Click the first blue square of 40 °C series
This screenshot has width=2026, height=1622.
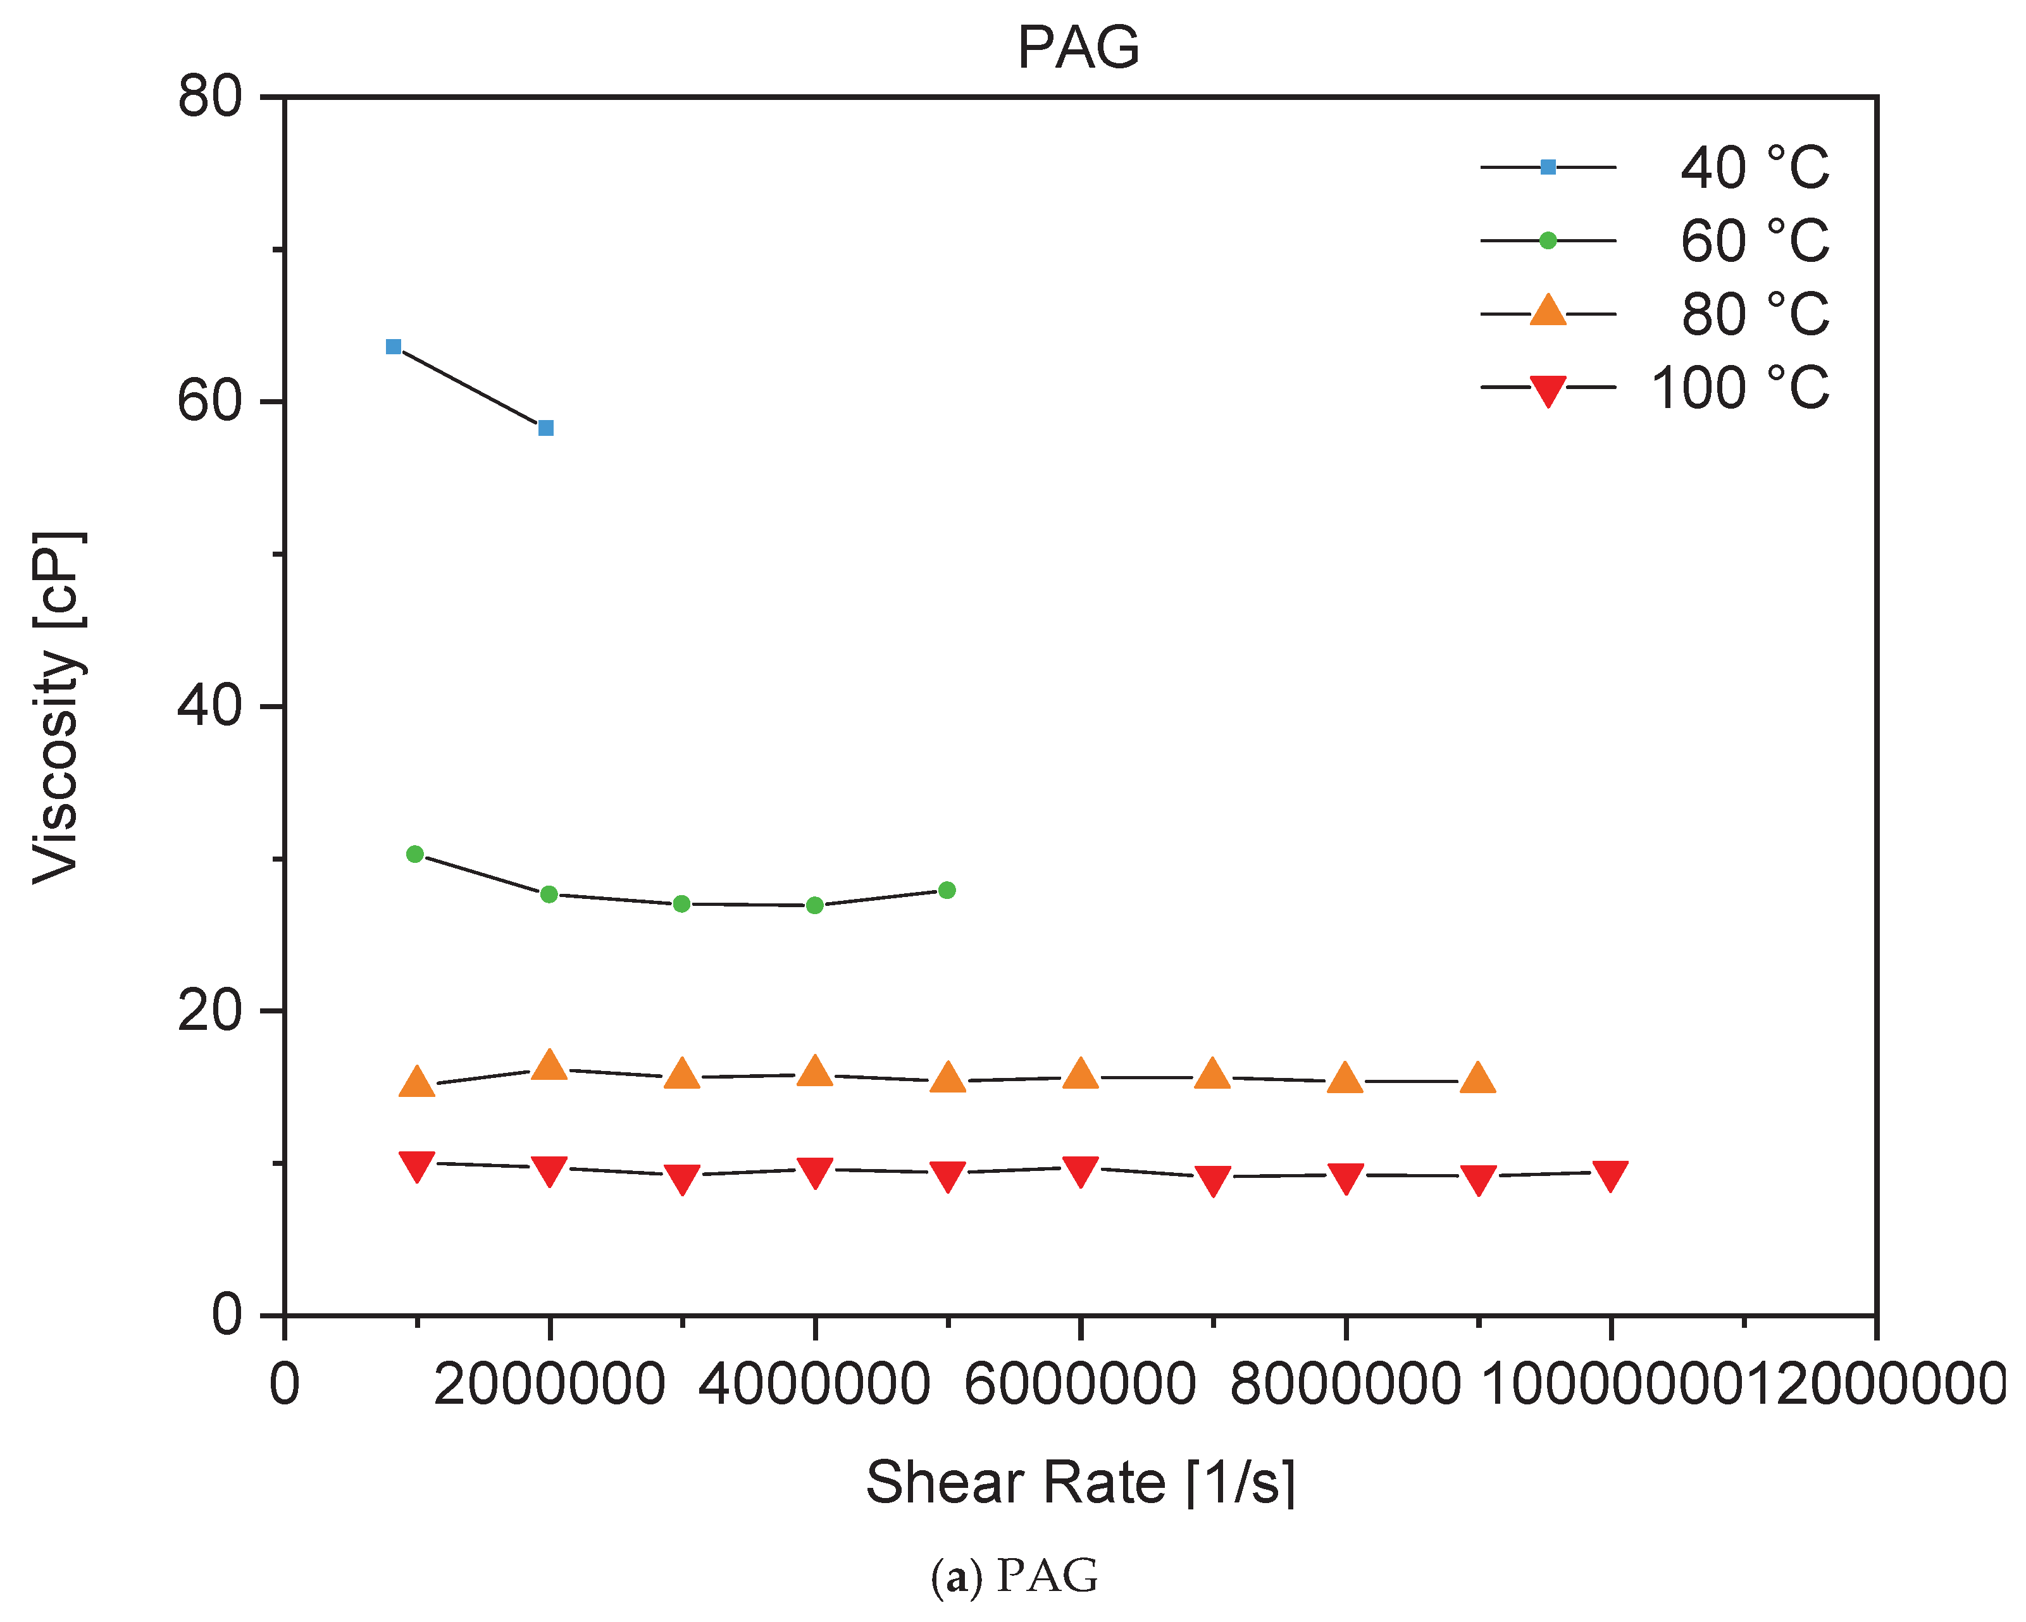394,347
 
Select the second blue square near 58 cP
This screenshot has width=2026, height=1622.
546,428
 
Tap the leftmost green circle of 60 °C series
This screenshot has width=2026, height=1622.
415,854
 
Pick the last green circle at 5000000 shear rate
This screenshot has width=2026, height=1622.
947,890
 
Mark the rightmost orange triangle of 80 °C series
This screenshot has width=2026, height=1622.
1477,1079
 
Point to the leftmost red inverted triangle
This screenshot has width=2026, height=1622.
416,1165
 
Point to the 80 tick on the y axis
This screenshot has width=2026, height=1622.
211,97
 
